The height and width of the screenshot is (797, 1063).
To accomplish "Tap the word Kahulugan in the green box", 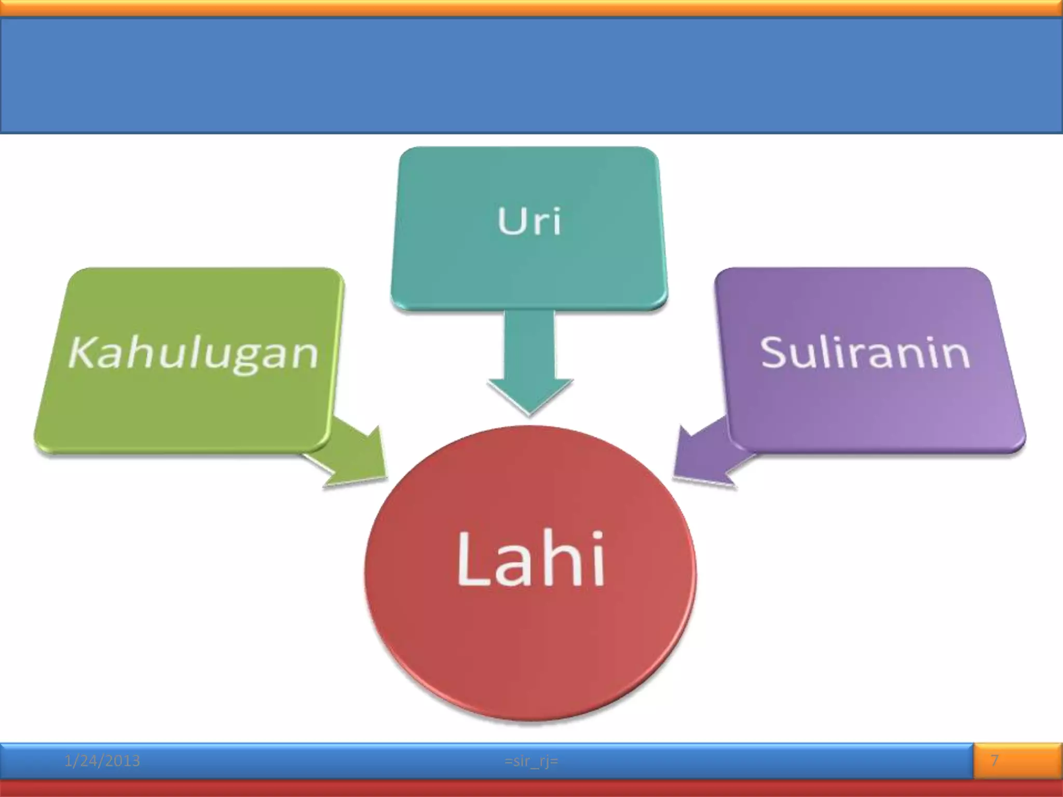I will [193, 353].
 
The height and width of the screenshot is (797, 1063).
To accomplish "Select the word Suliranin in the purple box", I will [865, 353].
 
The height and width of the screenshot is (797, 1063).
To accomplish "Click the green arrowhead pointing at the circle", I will [358, 462].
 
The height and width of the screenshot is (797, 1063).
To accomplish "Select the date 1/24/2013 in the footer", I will [102, 761].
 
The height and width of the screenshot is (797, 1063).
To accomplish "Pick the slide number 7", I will [994, 761].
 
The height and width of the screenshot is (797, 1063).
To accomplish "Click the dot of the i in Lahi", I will [598, 538].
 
